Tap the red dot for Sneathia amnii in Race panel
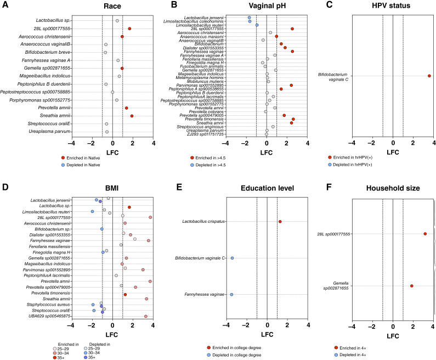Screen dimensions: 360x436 (132, 116)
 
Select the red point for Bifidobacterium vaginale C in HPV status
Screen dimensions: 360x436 (429, 76)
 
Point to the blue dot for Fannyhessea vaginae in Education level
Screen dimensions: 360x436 (232, 295)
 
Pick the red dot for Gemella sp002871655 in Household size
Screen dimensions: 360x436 (412, 285)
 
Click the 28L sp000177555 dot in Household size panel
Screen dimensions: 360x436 (425, 234)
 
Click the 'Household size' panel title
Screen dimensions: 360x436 (394, 189)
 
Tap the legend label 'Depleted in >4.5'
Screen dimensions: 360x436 (217, 165)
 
